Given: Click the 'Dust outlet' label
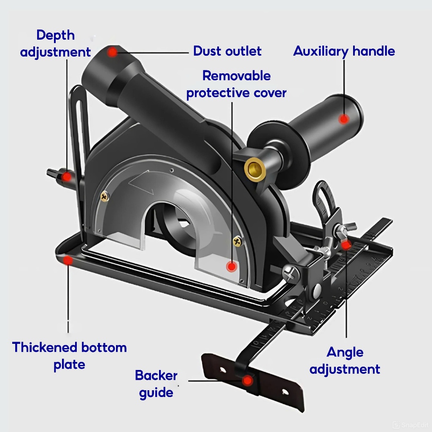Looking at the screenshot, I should [227, 51].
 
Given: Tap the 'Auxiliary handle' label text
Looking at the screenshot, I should [344, 51].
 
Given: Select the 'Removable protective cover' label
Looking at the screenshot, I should [236, 84].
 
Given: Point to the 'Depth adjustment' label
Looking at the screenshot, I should [55, 43].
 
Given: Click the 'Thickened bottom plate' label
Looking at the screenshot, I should [70, 356].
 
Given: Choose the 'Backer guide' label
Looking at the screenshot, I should [156, 384].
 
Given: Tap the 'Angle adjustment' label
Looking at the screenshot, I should [345, 360].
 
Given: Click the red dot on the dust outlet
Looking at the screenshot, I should [112, 52].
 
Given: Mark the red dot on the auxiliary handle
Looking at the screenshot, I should [344, 119].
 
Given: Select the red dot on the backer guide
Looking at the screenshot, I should [248, 381].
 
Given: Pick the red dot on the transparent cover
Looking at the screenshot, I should [231, 267].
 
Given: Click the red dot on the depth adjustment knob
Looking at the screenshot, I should [66, 177].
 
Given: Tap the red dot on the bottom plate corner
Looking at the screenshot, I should [67, 260].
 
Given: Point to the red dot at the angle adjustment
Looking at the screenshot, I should [346, 245].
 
